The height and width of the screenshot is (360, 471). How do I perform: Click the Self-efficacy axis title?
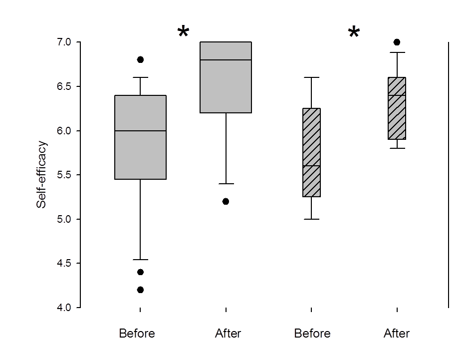click(42, 175)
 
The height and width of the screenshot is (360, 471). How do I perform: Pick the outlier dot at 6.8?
click(140, 59)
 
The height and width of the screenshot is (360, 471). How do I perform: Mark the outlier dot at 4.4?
click(140, 272)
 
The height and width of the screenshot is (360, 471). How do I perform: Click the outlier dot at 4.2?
click(140, 290)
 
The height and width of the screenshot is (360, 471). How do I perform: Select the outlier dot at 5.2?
click(226, 201)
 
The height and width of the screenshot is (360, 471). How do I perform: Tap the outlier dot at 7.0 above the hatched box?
click(397, 42)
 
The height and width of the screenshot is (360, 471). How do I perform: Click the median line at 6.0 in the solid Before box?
click(140, 131)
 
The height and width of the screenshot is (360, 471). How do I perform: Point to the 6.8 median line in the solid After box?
click(226, 60)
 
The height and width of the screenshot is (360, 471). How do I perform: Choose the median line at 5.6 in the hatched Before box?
click(311, 166)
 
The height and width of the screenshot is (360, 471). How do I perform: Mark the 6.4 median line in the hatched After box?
click(397, 95)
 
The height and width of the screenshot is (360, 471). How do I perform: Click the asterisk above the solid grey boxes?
click(183, 32)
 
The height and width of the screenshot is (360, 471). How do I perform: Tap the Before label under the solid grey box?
click(137, 334)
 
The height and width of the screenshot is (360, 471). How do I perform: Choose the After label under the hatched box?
click(397, 334)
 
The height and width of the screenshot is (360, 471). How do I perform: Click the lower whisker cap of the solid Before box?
click(140, 260)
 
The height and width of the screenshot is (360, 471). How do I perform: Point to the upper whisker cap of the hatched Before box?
click(311, 77)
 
